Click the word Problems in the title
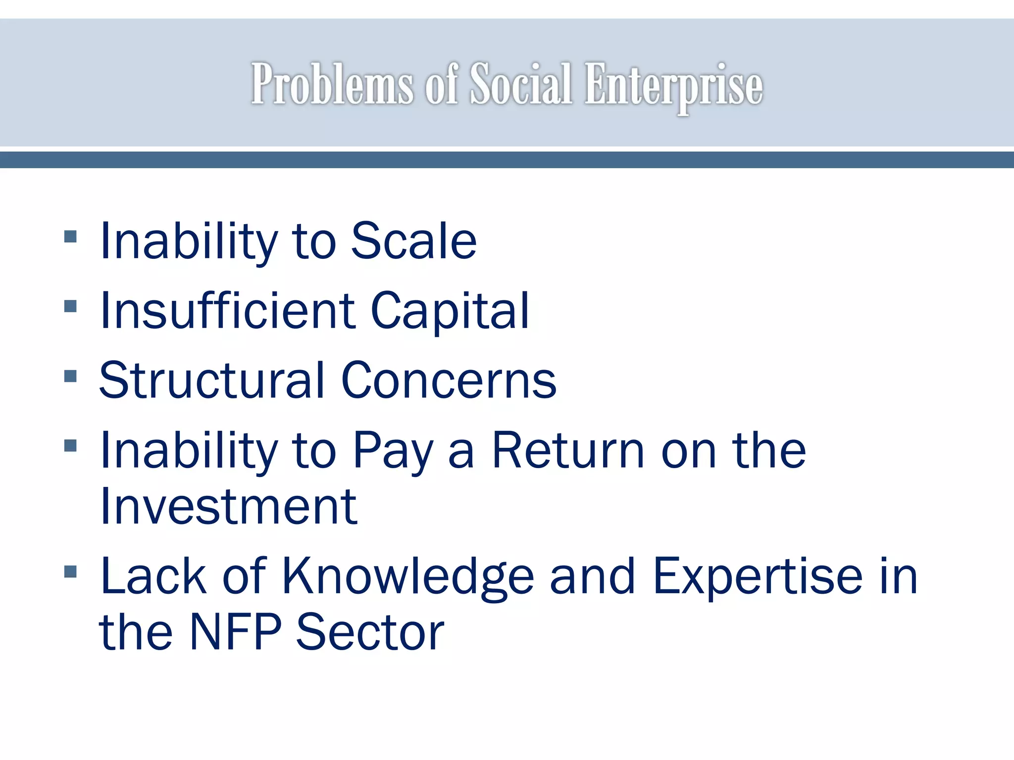(331, 84)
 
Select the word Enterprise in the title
(673, 85)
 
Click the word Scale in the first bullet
(413, 241)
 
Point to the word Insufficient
(227, 310)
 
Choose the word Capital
(450, 311)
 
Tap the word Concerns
(449, 380)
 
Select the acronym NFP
(236, 632)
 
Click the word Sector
(370, 632)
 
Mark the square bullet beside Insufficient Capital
(71, 306)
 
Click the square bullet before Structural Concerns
(71, 376)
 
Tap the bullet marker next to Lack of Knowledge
(71, 572)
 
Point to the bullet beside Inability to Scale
(71, 237)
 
